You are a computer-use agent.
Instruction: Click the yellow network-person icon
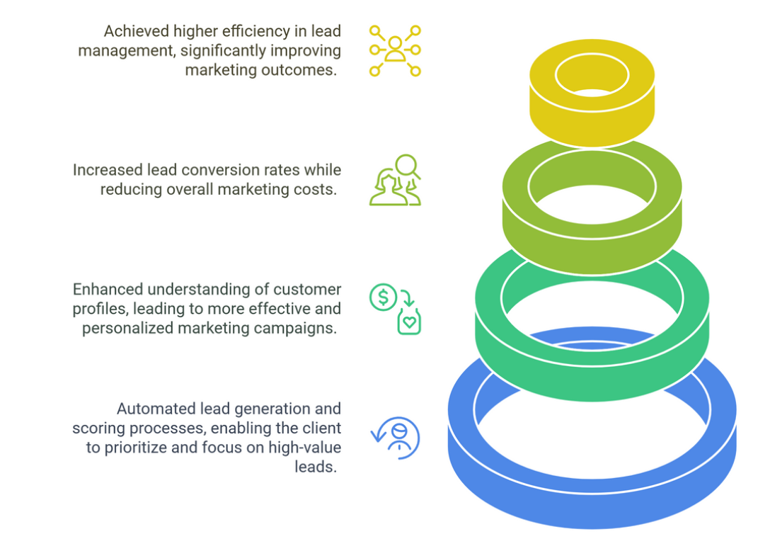395,50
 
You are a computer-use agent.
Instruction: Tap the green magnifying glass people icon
395,181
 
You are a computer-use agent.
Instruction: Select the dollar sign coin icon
383,297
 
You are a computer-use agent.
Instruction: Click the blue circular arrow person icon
396,438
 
